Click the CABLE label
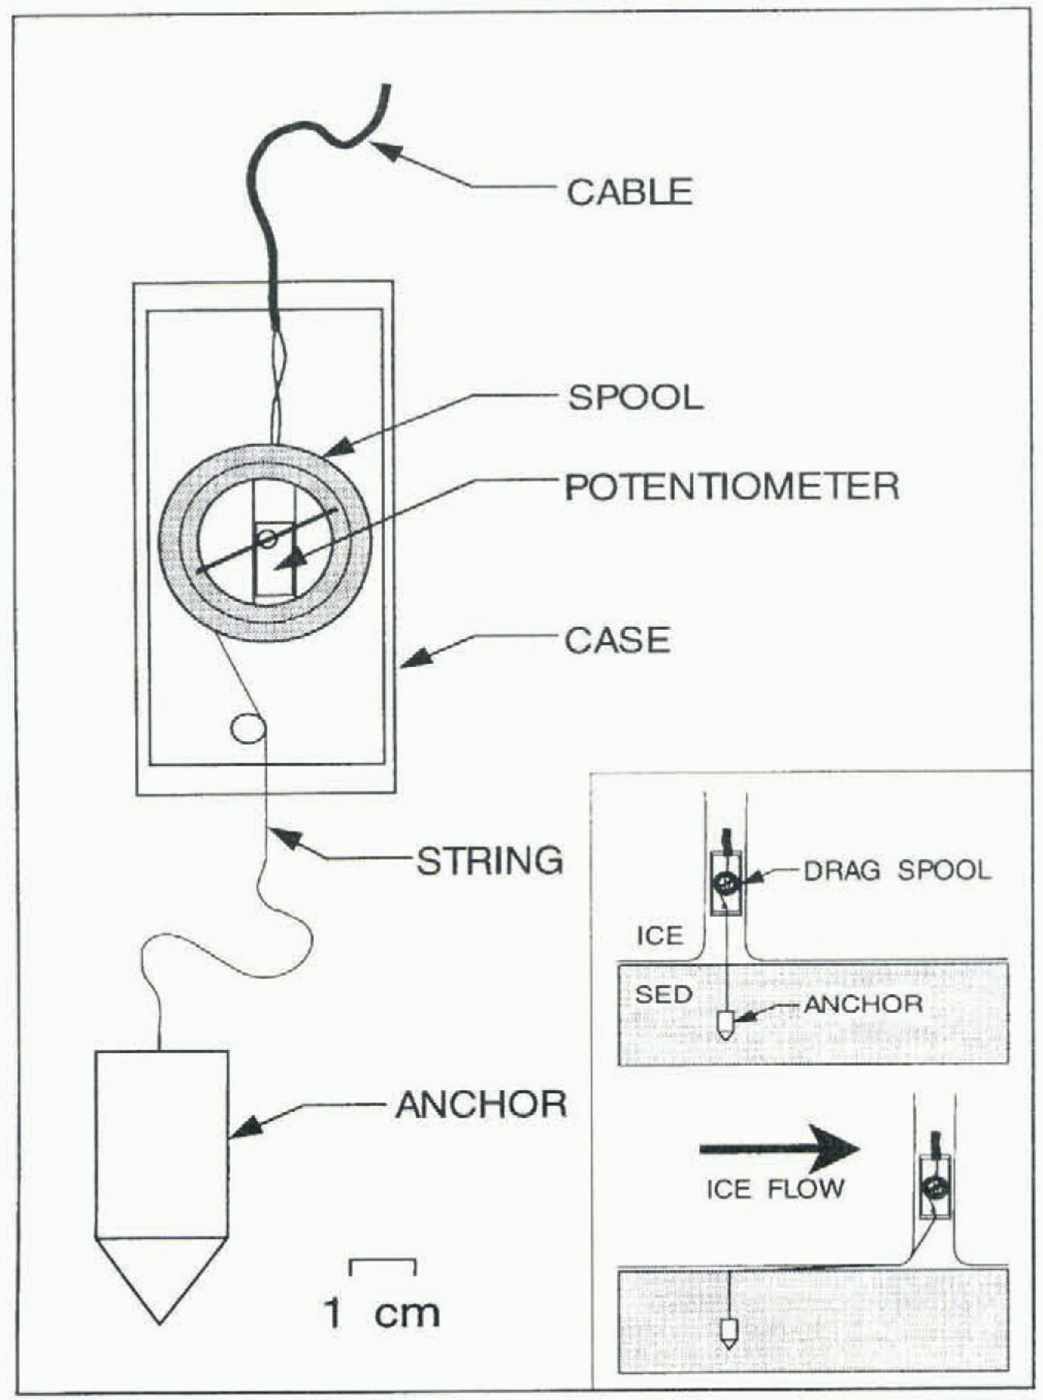click(x=630, y=192)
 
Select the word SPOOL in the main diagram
click(x=635, y=397)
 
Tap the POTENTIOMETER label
click(x=732, y=487)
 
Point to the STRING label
click(x=489, y=861)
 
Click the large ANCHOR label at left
click(x=481, y=1105)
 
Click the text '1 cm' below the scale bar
click(x=382, y=1314)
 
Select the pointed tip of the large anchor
click(x=160, y=1319)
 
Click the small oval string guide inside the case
click(x=247, y=728)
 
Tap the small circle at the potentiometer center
click(x=267, y=538)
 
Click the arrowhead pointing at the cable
click(x=387, y=150)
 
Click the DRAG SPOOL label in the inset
click(x=897, y=871)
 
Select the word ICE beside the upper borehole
click(x=659, y=936)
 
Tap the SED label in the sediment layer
click(x=663, y=994)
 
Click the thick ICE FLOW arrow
click(x=779, y=1149)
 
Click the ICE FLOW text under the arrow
click(x=775, y=1189)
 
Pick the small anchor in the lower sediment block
click(x=729, y=1333)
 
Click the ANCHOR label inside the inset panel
click(x=863, y=1004)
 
